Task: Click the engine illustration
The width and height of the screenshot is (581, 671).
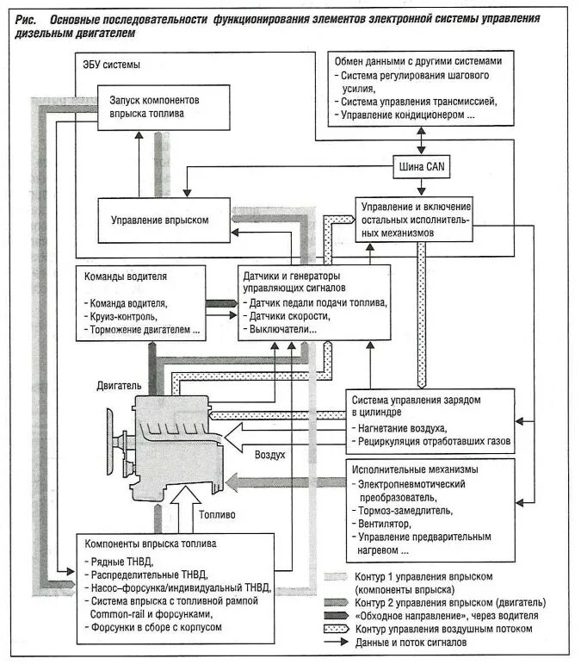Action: (x=172, y=444)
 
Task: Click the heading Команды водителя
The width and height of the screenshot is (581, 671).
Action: (x=126, y=277)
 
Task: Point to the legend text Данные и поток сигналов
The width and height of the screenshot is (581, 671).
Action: (x=412, y=643)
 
